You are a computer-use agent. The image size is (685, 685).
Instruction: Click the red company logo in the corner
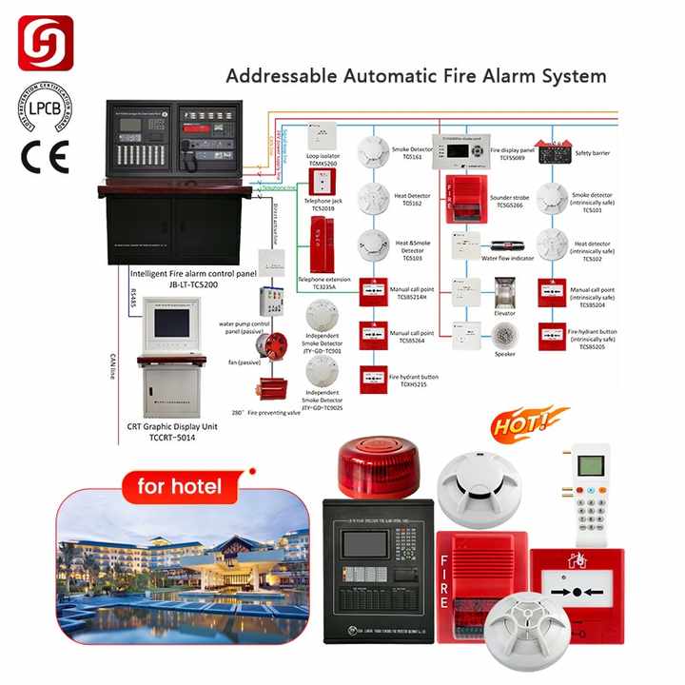(x=45, y=43)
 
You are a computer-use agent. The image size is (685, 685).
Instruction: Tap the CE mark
(x=44, y=155)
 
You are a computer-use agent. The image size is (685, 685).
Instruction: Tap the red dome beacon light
(x=380, y=467)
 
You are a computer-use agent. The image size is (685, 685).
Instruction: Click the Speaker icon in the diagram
(x=504, y=334)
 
